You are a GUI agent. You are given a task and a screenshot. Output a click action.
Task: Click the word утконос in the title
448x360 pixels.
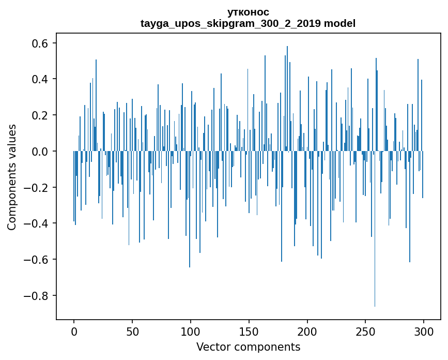tap(248, 12)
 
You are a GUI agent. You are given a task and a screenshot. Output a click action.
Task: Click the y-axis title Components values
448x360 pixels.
tap(12, 177)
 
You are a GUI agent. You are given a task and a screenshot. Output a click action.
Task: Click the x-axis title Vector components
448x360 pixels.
tap(248, 347)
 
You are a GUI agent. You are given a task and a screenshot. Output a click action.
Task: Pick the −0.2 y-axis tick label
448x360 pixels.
tap(36, 187)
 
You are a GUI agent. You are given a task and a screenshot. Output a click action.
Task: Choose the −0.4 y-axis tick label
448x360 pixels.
tap(36, 223)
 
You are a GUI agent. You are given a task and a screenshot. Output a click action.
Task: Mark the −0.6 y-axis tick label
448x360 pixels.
tap(36, 260)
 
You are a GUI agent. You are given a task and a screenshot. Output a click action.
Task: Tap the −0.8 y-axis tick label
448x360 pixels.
tap(36, 296)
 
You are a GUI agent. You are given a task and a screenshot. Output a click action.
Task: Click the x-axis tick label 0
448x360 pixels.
tap(74, 331)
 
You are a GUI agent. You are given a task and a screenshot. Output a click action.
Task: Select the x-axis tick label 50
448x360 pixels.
tap(132, 331)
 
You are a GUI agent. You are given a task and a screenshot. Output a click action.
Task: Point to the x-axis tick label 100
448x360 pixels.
tap(191, 331)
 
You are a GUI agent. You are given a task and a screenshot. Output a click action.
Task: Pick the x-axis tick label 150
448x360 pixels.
tap(249, 331)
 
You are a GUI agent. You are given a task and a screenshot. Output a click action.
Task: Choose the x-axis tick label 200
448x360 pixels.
tap(307, 331)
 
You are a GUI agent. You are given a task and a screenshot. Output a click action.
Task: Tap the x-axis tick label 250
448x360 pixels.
tap(365, 331)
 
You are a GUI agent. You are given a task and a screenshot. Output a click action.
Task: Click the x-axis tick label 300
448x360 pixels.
tap(424, 331)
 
